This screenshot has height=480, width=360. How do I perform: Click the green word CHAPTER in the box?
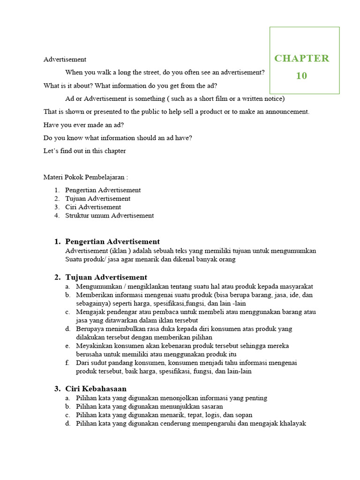tap(301, 59)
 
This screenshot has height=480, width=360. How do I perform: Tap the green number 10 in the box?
tap(301, 75)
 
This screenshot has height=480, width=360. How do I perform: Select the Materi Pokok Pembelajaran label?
tap(85, 178)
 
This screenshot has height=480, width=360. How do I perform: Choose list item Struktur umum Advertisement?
tap(109, 216)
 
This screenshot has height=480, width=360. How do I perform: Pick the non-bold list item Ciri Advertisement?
tap(93, 207)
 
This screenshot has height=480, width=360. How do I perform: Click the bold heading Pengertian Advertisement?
tap(112, 242)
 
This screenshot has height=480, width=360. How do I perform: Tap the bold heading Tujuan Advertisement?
tap(106, 277)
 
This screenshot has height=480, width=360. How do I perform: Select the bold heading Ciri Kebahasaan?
tap(96, 389)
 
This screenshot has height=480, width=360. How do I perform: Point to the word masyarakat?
tap(295, 286)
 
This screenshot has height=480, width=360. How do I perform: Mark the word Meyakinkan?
tap(94, 346)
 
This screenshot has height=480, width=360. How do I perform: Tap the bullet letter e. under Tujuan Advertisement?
tap(67, 346)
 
